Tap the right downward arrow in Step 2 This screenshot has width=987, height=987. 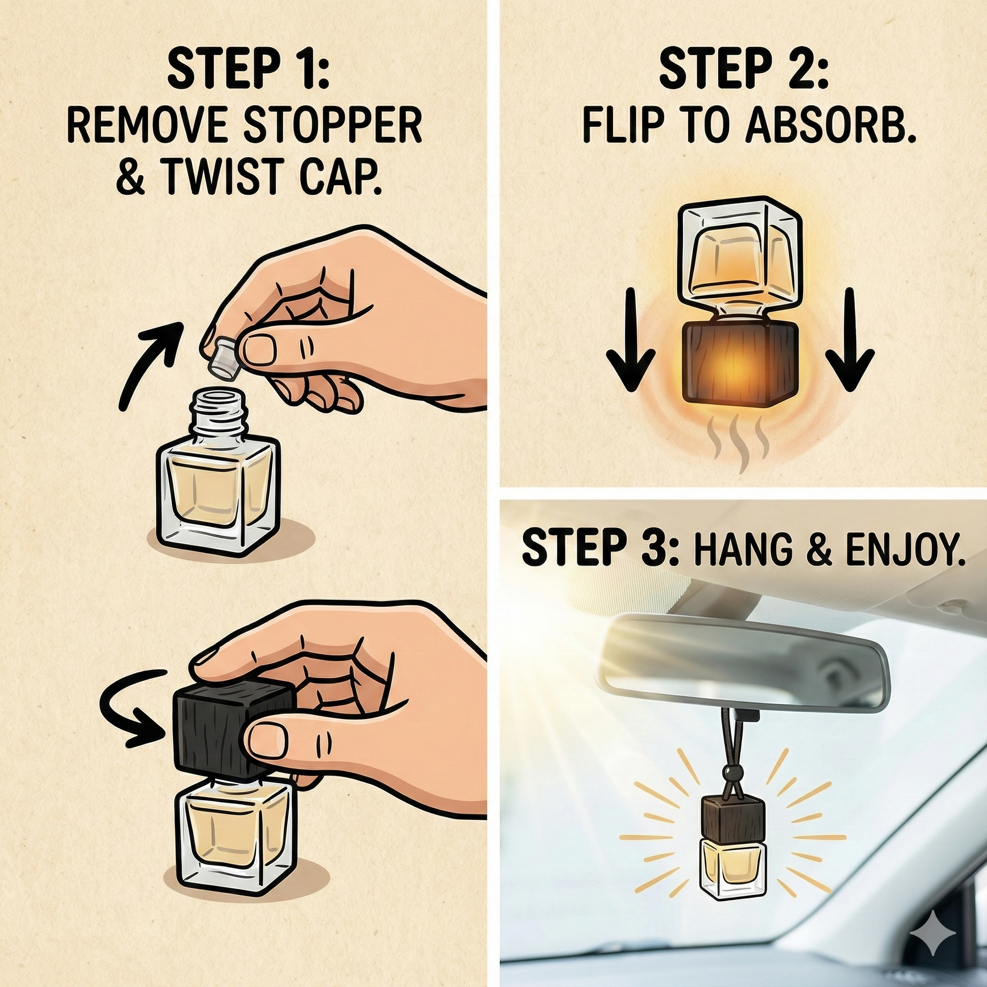point(849,340)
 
